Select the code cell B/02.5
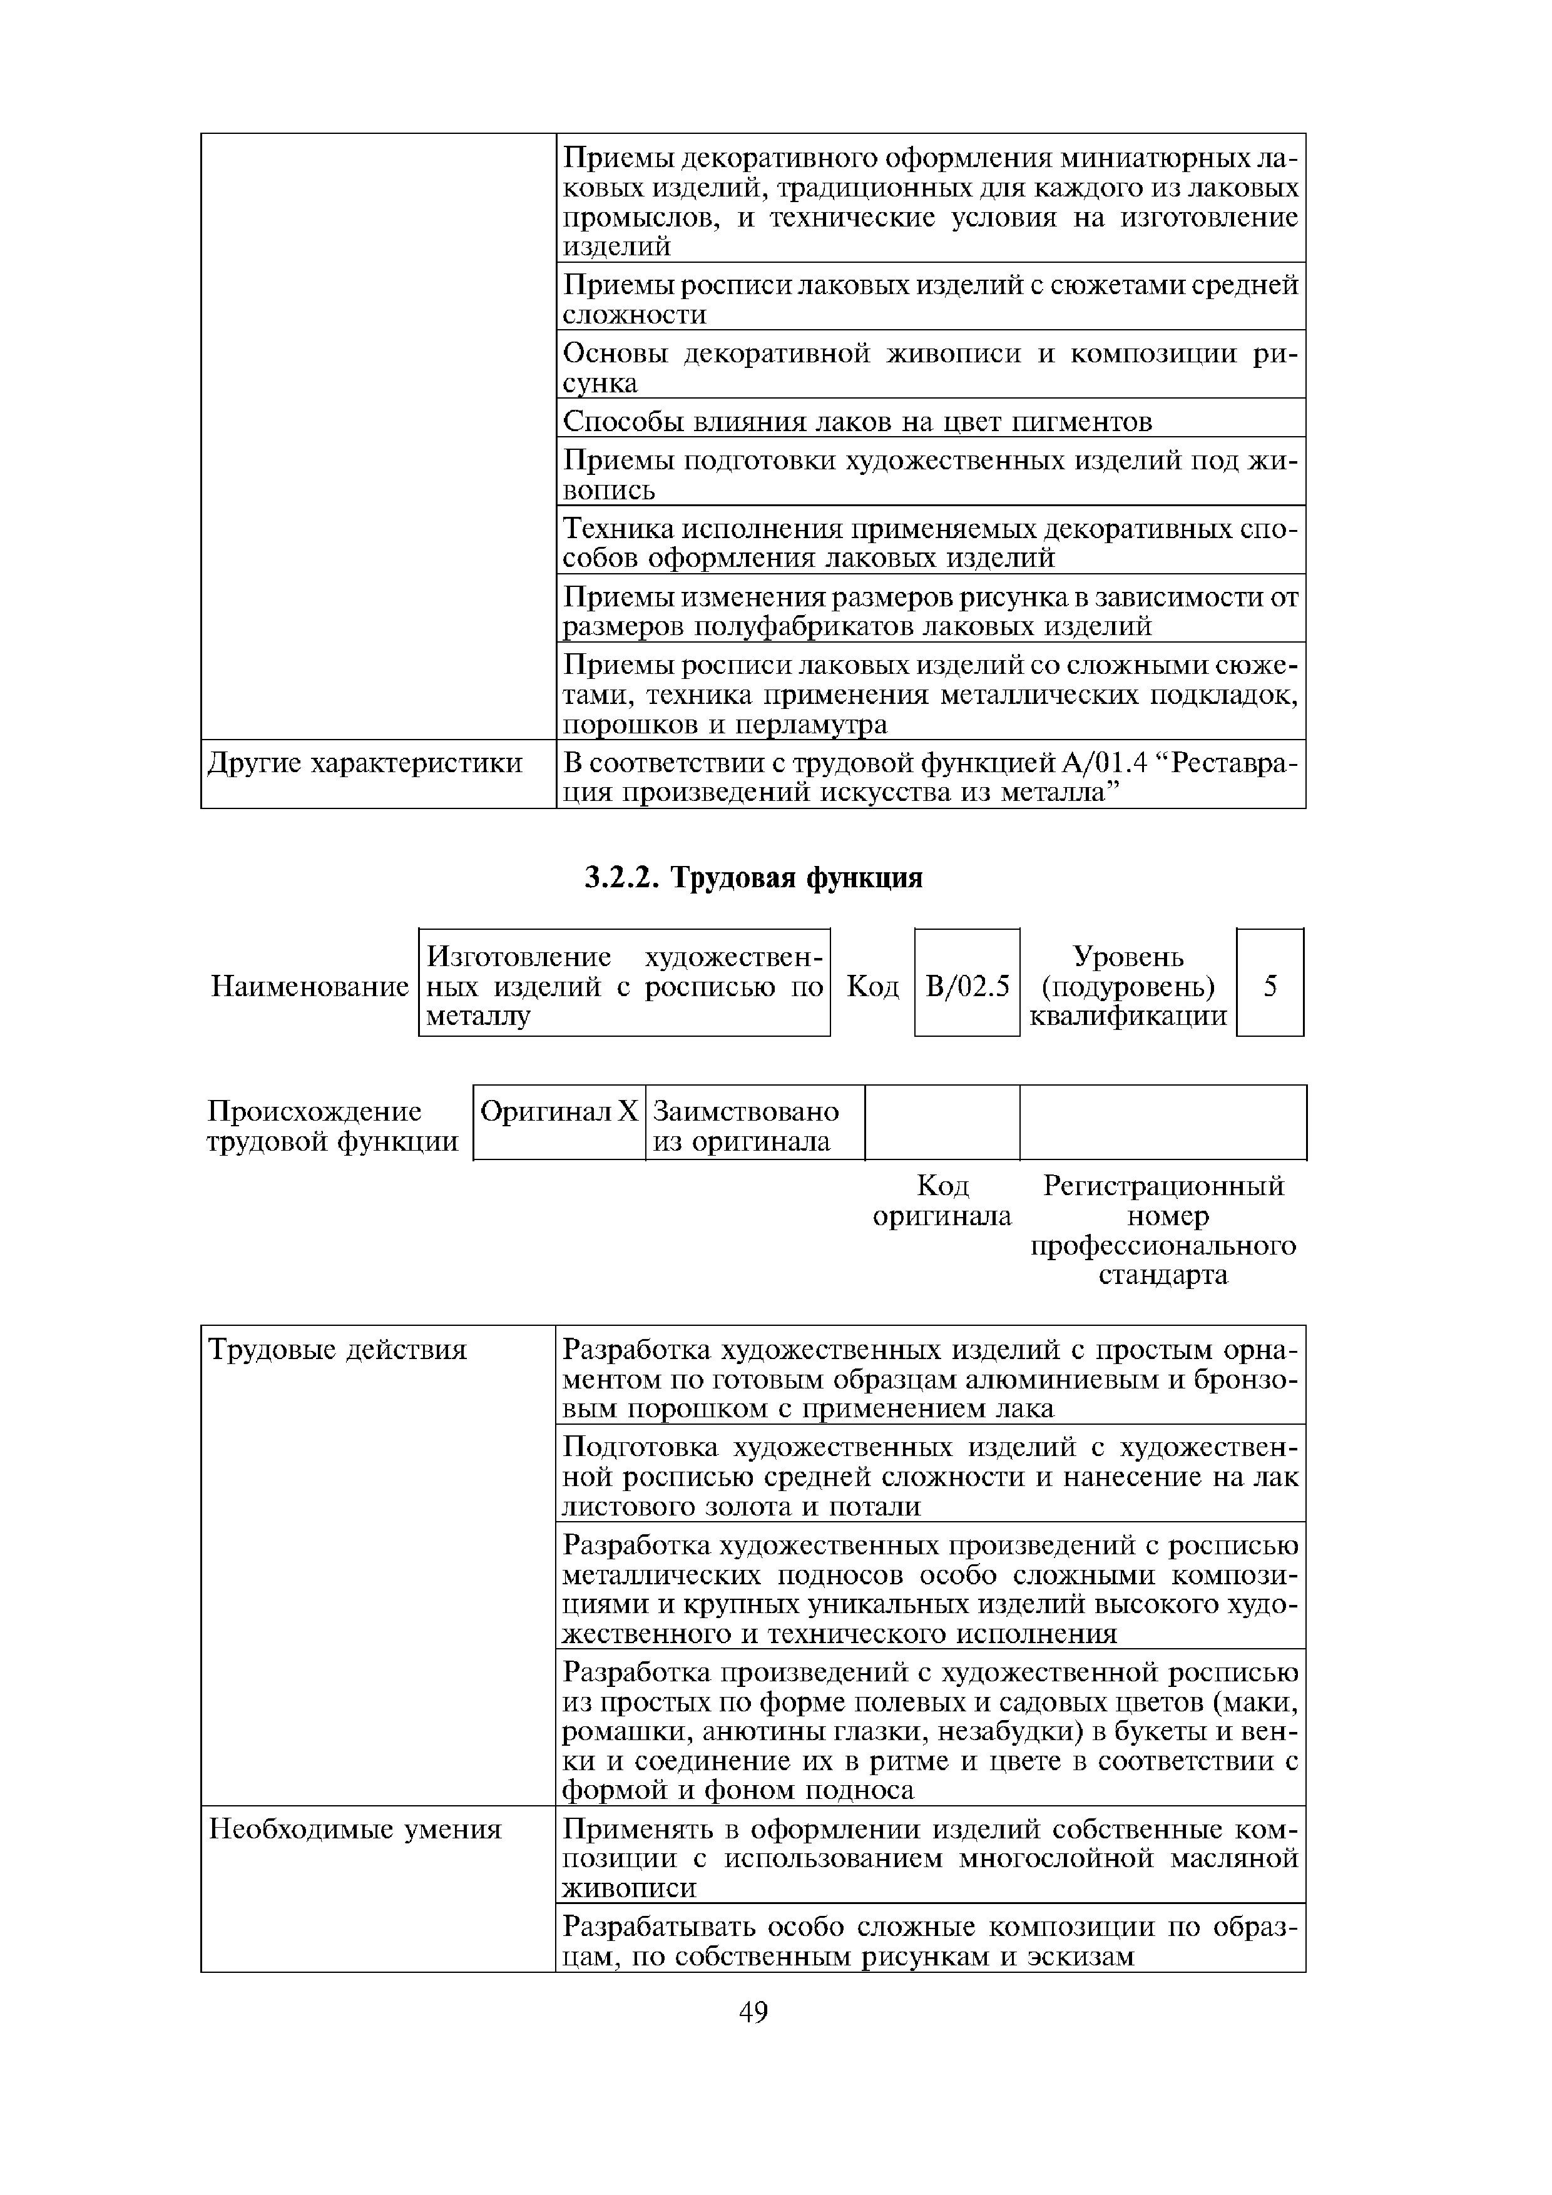[967, 985]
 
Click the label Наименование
[309, 985]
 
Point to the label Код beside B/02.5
[872, 985]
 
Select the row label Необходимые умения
[355, 1829]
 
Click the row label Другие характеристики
[365, 763]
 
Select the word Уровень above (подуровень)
[1128, 956]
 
